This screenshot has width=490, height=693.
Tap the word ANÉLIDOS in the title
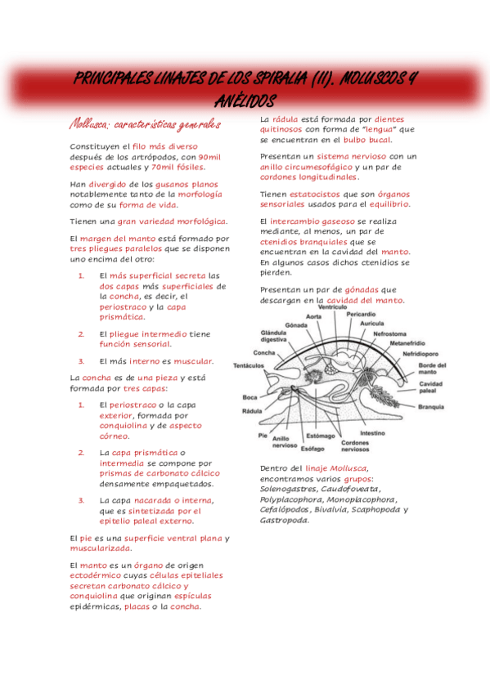pos(245,99)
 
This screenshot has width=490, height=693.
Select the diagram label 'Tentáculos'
pos(249,364)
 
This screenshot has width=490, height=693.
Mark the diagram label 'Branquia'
pos(430,406)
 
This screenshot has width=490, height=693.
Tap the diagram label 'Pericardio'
pos(361,314)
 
